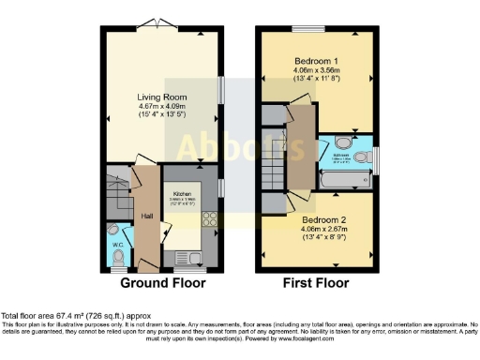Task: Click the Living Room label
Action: pyautogui.click(x=163, y=96)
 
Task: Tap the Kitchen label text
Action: pyautogui.click(x=182, y=193)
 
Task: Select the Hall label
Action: pyautogui.click(x=147, y=215)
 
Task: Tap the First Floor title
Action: pyautogui.click(x=316, y=282)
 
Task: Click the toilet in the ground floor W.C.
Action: pyautogui.click(x=113, y=231)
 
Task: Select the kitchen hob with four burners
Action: pyautogui.click(x=209, y=221)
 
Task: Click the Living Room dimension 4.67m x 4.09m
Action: pyautogui.click(x=163, y=106)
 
